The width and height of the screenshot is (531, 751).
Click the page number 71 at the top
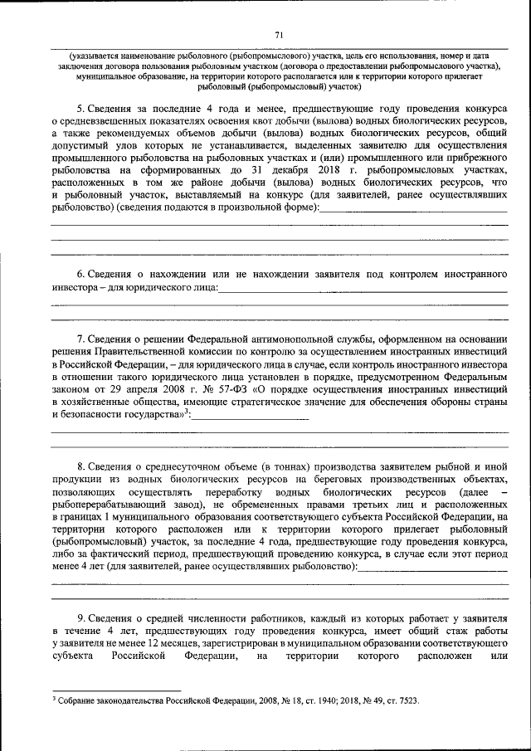(280, 34)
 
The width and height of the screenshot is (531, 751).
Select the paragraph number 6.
(80, 273)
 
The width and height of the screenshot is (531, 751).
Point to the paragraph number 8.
(80, 469)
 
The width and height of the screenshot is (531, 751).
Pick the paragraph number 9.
(80, 618)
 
